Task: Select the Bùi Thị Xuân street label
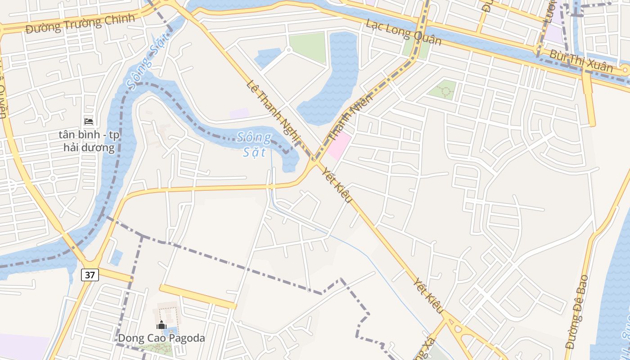581,61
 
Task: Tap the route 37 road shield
90,275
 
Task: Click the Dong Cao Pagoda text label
161,338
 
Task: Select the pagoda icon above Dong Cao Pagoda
161,325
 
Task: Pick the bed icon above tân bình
89,121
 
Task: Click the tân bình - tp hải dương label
89,141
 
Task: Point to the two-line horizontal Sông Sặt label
254,144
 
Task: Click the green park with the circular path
442,90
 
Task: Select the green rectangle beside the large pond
307,47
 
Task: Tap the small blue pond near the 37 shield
117,258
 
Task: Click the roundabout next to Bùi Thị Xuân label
625,70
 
